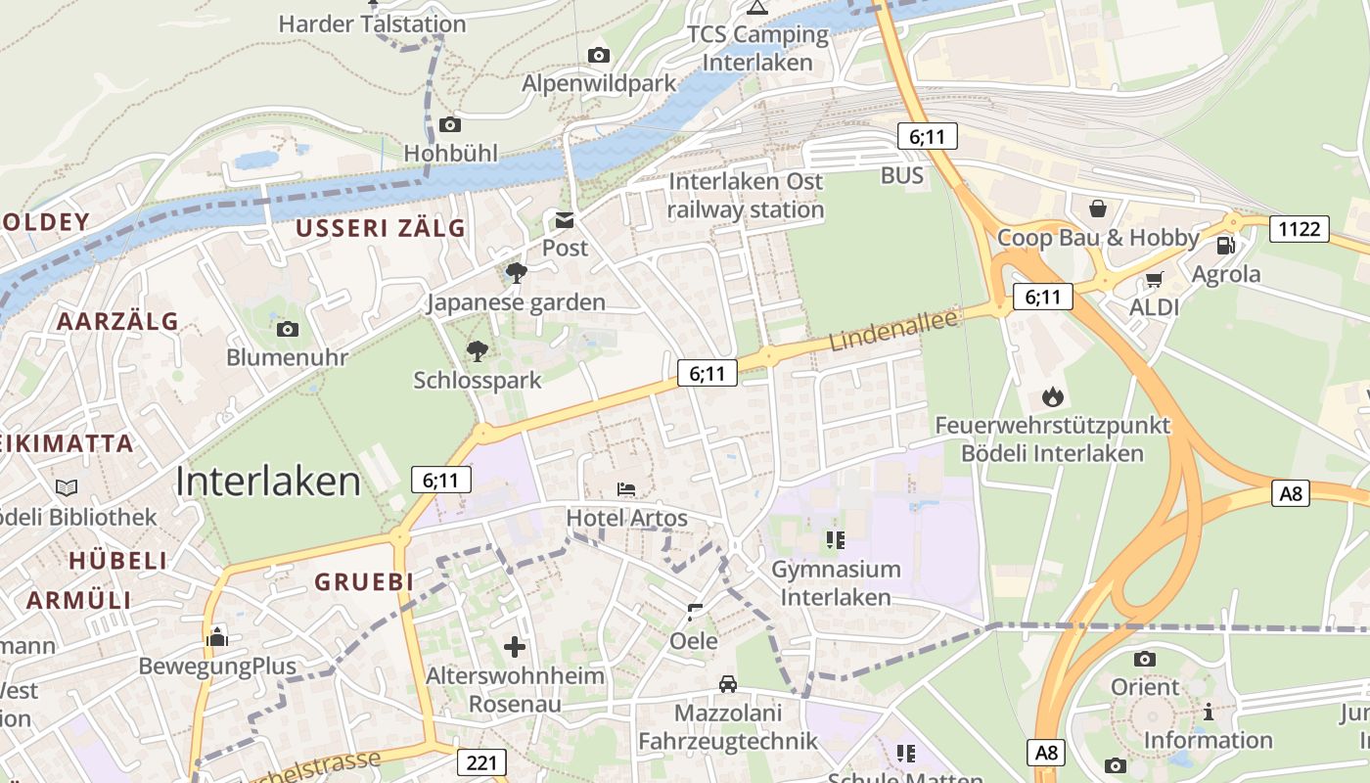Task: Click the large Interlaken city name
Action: (269, 482)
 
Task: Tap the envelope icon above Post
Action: (566, 219)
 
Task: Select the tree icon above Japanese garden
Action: (517, 273)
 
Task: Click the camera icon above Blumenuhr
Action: (288, 329)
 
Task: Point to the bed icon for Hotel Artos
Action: (626, 488)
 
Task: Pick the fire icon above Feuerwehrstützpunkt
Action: (1053, 396)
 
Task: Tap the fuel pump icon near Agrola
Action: (1225, 245)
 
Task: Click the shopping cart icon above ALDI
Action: (1154, 280)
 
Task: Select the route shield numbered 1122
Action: (1300, 229)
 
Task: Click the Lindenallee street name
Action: (892, 330)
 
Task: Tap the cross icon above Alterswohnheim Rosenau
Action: (515, 646)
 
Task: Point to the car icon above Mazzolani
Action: (727, 683)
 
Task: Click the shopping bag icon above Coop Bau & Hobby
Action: (1098, 208)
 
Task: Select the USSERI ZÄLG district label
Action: (381, 228)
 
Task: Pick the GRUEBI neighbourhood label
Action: (364, 581)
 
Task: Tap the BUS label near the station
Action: (901, 175)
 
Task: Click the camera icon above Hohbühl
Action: (450, 124)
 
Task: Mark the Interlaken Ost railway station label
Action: (746, 195)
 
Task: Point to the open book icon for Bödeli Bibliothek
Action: (67, 487)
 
